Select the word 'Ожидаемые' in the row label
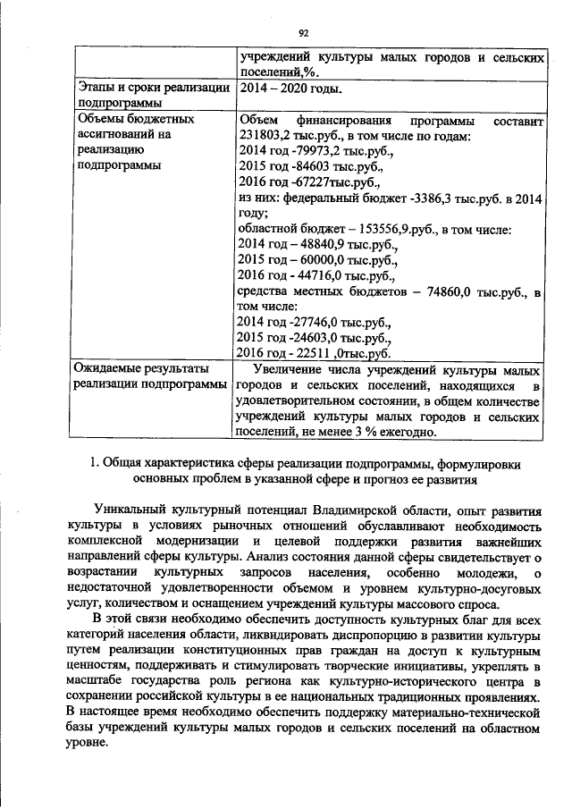tap(109, 368)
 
